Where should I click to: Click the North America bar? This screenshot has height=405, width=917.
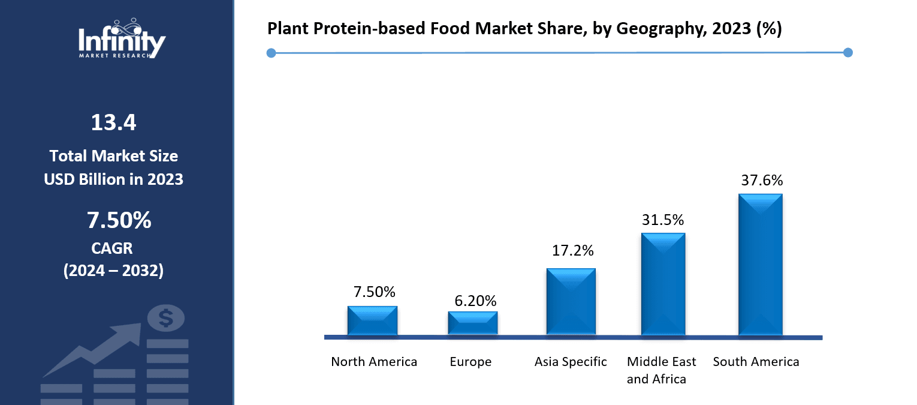tap(372, 320)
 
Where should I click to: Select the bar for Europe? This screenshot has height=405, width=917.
tap(472, 323)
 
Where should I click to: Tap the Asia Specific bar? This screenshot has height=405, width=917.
tap(571, 301)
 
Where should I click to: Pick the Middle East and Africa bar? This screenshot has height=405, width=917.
tap(663, 284)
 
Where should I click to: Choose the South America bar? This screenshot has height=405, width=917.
tap(760, 264)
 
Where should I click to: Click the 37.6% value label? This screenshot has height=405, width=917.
tap(761, 180)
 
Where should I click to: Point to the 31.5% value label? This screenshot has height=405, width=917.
tap(663, 220)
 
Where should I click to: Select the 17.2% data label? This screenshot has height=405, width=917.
tap(572, 250)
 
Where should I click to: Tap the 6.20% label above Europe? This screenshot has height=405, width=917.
tap(475, 301)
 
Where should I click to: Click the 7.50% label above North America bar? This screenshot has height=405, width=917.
tap(374, 292)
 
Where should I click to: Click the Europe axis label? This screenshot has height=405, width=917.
tap(470, 362)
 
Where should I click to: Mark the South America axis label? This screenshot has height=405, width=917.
tap(756, 362)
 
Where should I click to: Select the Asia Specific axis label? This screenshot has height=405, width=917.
tap(571, 362)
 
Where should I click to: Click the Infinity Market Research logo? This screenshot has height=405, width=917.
tap(122, 39)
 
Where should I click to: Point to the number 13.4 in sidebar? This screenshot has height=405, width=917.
tap(113, 122)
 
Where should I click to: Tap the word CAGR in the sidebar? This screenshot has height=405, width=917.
tap(113, 248)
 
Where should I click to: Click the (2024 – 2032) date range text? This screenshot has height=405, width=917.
tap(113, 271)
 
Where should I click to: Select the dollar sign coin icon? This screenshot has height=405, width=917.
tap(166, 318)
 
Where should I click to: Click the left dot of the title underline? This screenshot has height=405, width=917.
tap(271, 53)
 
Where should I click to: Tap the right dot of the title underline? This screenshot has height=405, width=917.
tap(847, 53)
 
